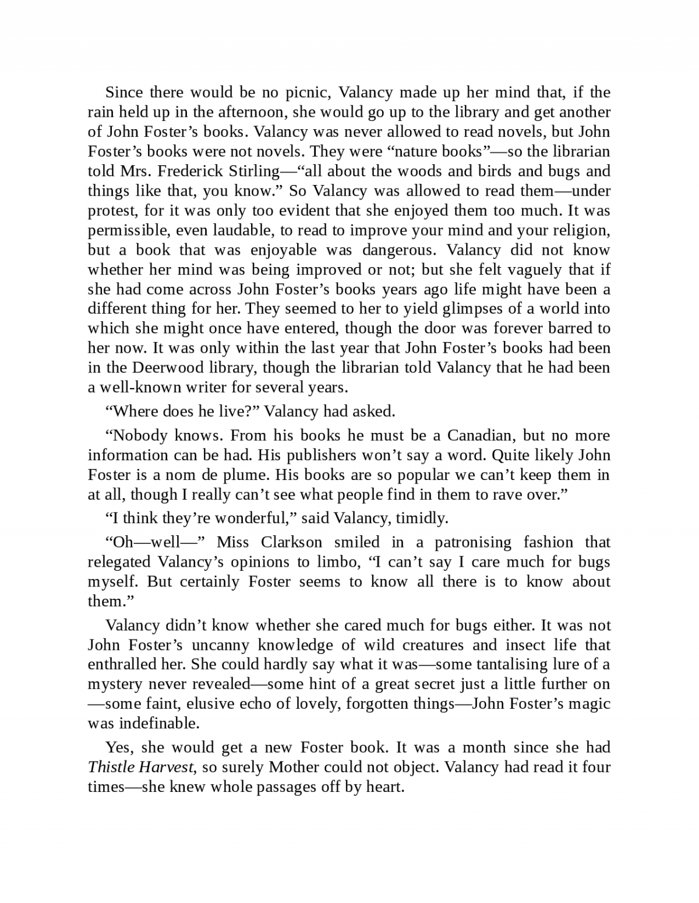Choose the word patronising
coord(473,542)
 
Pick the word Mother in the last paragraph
coord(294,767)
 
